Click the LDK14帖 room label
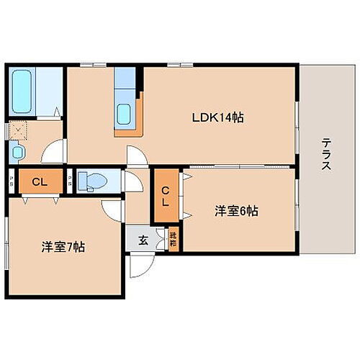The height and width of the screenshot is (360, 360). (x=217, y=117)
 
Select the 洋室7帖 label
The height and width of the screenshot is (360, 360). (x=63, y=247)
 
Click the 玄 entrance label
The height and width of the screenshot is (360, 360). (x=143, y=240)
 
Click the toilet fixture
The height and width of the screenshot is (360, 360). (x=92, y=179)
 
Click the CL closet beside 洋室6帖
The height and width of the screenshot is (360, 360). (x=165, y=195)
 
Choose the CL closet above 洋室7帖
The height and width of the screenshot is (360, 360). (x=39, y=181)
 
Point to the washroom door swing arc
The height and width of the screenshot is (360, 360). (x=52, y=153)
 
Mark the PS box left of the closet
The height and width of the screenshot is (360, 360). (x=9, y=181)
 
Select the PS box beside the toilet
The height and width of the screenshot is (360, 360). (x=69, y=181)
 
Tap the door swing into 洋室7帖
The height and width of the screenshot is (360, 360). (x=112, y=210)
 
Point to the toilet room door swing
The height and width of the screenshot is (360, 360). (x=132, y=181)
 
